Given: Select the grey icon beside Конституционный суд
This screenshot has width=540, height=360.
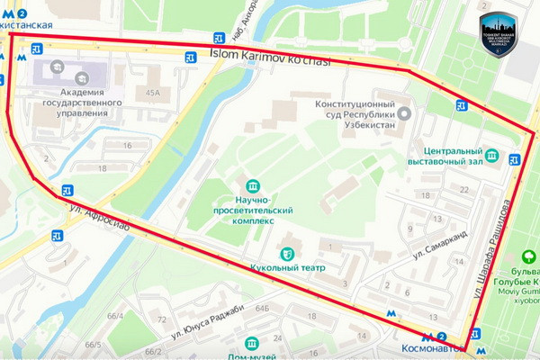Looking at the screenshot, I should point(404,112).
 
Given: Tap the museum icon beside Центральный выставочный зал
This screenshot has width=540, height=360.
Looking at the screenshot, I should point(492,155).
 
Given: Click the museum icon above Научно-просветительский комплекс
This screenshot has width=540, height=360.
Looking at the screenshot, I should point(251,184).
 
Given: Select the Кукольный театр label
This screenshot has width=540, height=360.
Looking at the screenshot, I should point(287,267).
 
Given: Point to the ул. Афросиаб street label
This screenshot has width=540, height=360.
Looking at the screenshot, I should point(99,218).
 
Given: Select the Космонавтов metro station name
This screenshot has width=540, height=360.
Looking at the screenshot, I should point(433,347).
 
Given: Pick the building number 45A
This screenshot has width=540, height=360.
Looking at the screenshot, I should point(154,92).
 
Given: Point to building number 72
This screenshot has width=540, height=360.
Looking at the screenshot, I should point(162,319).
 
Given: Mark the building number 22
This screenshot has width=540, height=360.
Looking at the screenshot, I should point(463,190).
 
